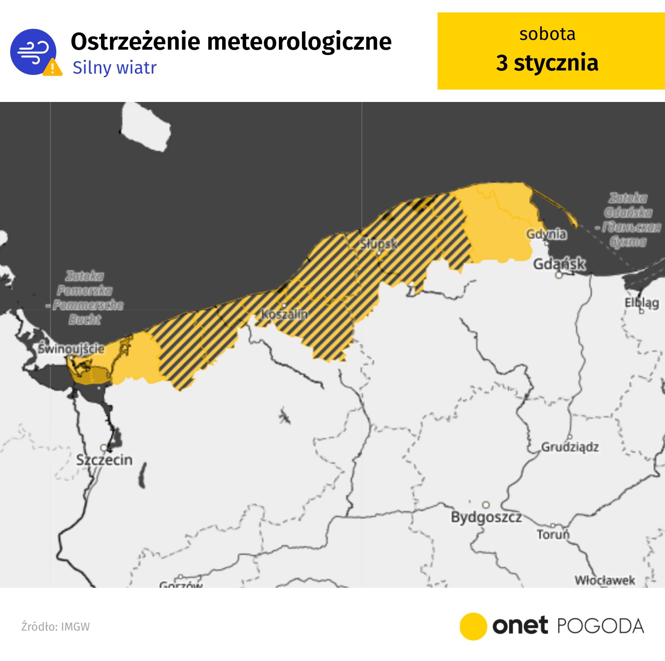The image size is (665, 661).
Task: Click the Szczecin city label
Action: pos(104,460)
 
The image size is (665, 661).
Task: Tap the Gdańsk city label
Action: pos(559,264)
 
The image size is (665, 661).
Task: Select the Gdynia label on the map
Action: pos(546,234)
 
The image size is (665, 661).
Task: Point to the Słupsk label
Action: pos(379,243)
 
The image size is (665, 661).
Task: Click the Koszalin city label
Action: pos(284,314)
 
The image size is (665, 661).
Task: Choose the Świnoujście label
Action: pos(71,348)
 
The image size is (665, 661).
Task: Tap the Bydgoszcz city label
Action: pos(486,517)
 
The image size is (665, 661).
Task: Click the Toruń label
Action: pos(553,534)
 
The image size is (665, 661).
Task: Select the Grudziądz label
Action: pos(570,446)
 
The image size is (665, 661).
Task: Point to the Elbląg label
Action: pos(642,303)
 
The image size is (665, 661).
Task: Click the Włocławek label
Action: pos(605,580)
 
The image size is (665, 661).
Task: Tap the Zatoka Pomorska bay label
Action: pos(85,297)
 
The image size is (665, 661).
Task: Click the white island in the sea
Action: pos(146,127)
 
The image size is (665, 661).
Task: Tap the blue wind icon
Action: pos(32,51)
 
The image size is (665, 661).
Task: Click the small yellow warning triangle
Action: pos(53,68)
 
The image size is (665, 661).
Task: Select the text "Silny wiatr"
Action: pos(114,68)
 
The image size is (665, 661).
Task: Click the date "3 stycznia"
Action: pos(547,63)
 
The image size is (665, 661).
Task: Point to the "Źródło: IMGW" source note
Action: pos(55,626)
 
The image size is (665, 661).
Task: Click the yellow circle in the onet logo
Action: pos(473,626)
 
